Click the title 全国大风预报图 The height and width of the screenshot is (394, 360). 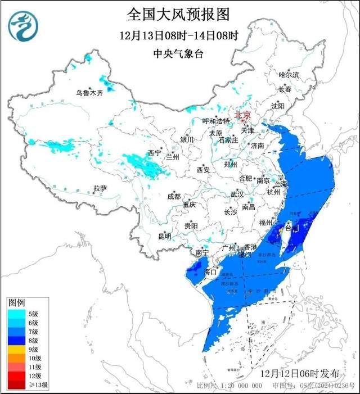(x=179, y=13)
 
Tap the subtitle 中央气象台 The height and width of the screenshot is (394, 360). (x=179, y=55)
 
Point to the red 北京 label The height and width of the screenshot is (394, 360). (x=242, y=113)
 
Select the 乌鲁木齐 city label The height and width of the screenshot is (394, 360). (x=90, y=93)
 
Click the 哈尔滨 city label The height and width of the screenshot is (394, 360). (x=289, y=75)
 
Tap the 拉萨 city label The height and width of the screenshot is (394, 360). (x=100, y=189)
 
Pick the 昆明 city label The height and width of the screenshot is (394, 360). (x=164, y=236)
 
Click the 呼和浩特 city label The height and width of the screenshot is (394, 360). (x=217, y=121)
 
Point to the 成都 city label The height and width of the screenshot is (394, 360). (x=174, y=196)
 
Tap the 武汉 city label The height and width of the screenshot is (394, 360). (x=237, y=194)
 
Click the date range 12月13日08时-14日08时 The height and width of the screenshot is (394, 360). (x=179, y=35)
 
